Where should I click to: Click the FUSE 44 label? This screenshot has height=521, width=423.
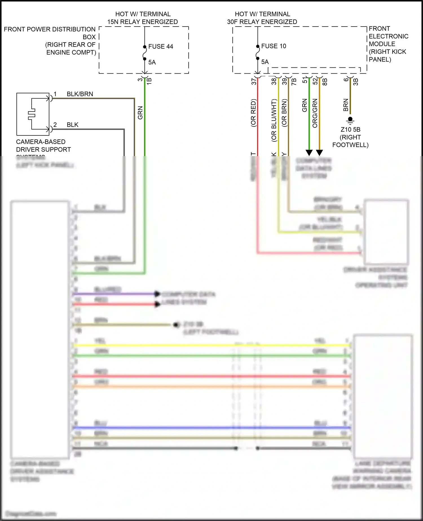(x=160, y=47)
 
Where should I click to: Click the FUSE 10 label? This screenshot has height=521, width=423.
(x=274, y=46)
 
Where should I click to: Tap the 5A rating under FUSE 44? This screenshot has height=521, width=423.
(x=152, y=62)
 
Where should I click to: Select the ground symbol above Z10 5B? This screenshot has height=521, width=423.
(x=350, y=121)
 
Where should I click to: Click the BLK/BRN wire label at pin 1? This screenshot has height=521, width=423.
(x=80, y=94)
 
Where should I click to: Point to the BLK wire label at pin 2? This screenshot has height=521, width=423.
(x=72, y=125)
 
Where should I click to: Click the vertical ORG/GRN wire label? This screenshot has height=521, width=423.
(x=315, y=113)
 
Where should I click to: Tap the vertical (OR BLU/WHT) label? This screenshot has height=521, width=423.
(x=274, y=120)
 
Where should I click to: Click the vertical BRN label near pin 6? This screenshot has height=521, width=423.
(x=346, y=105)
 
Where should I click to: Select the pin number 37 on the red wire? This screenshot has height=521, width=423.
(x=254, y=81)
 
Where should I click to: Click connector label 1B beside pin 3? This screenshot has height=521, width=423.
(x=149, y=81)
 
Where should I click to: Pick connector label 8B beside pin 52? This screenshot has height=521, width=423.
(x=325, y=82)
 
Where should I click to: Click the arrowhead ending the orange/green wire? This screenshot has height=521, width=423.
(x=319, y=153)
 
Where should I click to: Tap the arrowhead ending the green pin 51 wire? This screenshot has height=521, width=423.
(x=309, y=153)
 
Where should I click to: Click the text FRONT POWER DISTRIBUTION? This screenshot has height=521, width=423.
(x=50, y=29)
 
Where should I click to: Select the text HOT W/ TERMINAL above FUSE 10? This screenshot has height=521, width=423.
(x=262, y=14)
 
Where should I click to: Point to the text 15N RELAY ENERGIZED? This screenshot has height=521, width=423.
(x=142, y=22)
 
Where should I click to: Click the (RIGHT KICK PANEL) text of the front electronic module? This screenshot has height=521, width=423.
(x=387, y=56)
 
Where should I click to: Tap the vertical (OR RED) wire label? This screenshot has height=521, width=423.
(x=253, y=113)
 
